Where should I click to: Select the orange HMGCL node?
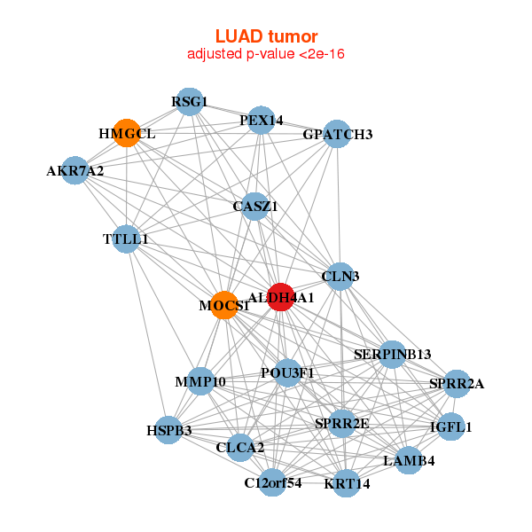(x=127, y=133)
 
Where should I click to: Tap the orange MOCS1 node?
(x=224, y=305)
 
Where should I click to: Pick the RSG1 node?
(x=188, y=101)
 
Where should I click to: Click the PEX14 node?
(x=260, y=120)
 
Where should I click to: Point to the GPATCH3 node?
(x=337, y=135)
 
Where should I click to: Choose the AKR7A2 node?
(x=74, y=170)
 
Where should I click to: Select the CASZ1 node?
(x=255, y=206)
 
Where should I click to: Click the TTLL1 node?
(x=126, y=239)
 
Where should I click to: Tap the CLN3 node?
(x=340, y=277)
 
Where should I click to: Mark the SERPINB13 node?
(x=393, y=354)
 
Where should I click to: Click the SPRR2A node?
(x=456, y=383)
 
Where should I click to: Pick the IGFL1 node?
(x=451, y=426)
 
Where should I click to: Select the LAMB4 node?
(x=408, y=461)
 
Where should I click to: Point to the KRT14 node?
(x=347, y=483)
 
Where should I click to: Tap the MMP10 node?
(x=200, y=382)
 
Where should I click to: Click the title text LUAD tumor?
(x=266, y=36)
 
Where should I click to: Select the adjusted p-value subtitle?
(x=266, y=54)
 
